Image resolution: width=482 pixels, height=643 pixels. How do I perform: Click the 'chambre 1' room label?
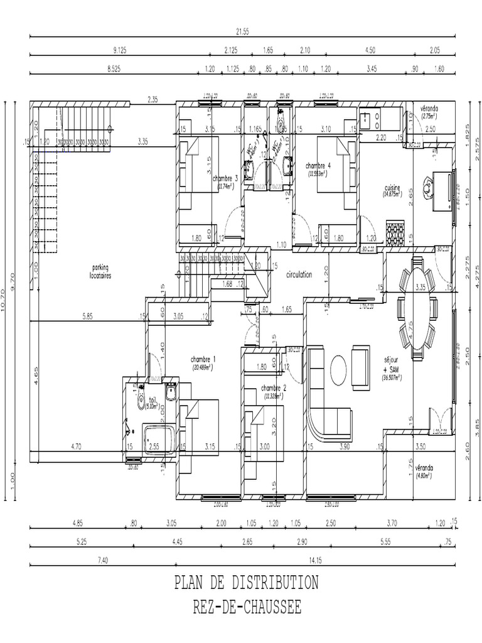(x=203, y=359)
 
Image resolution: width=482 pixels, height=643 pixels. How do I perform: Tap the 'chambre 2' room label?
(x=274, y=388)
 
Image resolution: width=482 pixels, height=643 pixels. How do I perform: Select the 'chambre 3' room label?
(x=225, y=178)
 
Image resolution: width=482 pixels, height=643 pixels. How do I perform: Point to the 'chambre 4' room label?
(x=318, y=166)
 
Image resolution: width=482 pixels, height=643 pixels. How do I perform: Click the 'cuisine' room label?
(x=393, y=188)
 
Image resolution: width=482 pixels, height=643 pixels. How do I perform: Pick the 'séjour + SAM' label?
(x=392, y=366)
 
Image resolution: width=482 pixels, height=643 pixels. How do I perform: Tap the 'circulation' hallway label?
(x=299, y=275)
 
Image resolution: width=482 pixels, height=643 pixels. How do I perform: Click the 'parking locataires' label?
(x=101, y=271)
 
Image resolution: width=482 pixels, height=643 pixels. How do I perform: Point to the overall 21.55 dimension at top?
(x=242, y=31)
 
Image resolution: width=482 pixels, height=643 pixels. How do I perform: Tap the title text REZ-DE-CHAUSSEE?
(x=247, y=607)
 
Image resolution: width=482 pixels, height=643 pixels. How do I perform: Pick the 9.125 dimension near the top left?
(x=120, y=50)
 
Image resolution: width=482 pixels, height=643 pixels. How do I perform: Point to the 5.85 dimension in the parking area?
(x=87, y=317)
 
